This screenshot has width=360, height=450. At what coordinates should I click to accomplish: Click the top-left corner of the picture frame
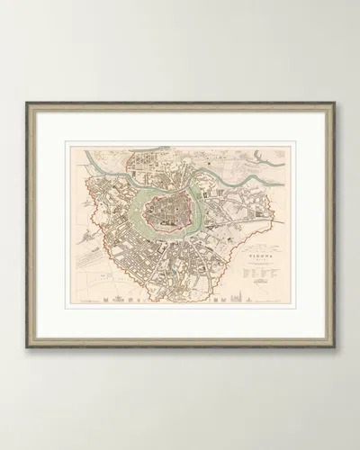pyautogui.click(x=28, y=104)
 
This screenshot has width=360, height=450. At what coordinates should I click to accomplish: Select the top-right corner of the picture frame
pyautogui.click(x=333, y=104)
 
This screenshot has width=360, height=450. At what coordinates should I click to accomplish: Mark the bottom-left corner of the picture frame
pyautogui.click(x=28, y=346)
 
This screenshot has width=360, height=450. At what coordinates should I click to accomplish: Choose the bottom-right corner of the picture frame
pyautogui.click(x=333, y=346)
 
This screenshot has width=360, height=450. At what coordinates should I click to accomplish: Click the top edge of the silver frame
pyautogui.click(x=180, y=104)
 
